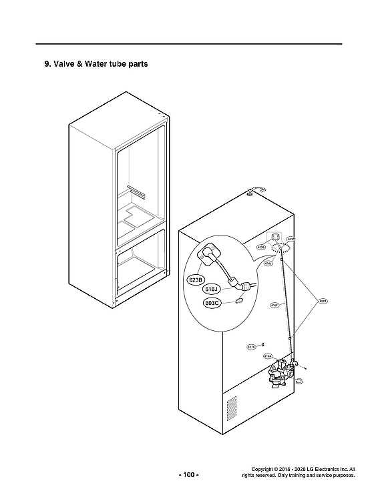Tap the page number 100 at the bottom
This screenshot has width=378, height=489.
pyautogui.click(x=188, y=474)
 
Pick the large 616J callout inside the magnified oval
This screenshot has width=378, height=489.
pyautogui.click(x=212, y=289)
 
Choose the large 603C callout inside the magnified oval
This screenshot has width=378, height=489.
pyautogui.click(x=213, y=303)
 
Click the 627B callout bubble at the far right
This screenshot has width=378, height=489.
pyautogui.click(x=323, y=302)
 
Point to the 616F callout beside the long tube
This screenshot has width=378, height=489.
pyautogui.click(x=274, y=306)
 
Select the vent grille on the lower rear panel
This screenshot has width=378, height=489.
pyautogui.click(x=231, y=408)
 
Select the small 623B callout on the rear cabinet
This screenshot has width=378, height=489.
pyautogui.click(x=261, y=247)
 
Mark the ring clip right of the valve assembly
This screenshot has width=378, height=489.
pyautogui.click(x=300, y=380)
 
